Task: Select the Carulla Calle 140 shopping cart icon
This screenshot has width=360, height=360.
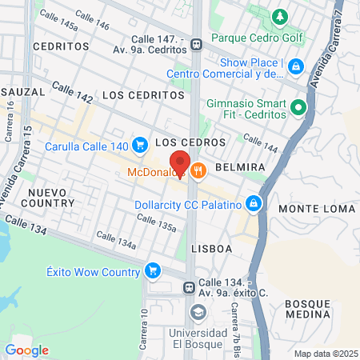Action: [140, 145]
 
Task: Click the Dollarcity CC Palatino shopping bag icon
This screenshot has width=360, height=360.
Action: [254, 205]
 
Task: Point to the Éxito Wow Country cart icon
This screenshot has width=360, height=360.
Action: [151, 271]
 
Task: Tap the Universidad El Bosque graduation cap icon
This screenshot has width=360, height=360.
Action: [198, 312]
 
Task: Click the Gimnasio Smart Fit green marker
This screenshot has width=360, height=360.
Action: [298, 106]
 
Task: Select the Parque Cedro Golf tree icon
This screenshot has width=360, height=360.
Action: [279, 16]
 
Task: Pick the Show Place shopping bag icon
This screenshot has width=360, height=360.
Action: [296, 65]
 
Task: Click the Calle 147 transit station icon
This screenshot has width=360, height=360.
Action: [194, 46]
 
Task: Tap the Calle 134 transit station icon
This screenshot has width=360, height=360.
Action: [189, 287]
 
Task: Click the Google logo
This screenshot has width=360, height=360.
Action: [26, 350]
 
